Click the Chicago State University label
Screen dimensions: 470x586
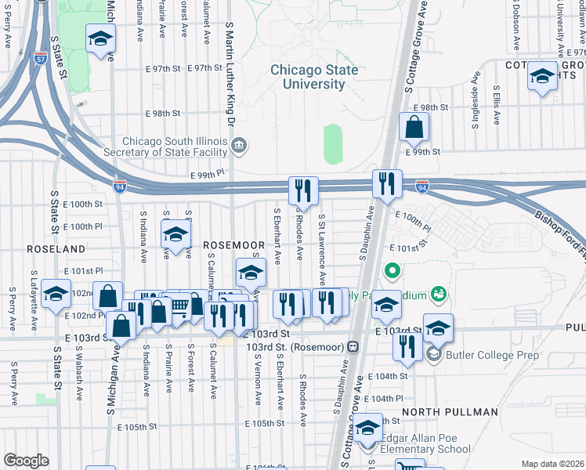point(308,77)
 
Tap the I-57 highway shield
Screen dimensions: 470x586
point(41,59)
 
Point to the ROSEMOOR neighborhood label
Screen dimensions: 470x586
point(234,245)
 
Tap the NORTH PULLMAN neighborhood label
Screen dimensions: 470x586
point(450,412)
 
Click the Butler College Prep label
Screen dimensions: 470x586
point(483,355)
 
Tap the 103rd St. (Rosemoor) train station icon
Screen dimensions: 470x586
point(353,346)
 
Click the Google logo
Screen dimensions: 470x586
point(25,461)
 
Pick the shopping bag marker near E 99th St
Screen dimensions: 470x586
point(414,126)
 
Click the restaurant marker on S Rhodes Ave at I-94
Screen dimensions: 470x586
point(303,190)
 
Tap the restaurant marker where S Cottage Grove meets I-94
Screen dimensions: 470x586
point(387,183)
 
